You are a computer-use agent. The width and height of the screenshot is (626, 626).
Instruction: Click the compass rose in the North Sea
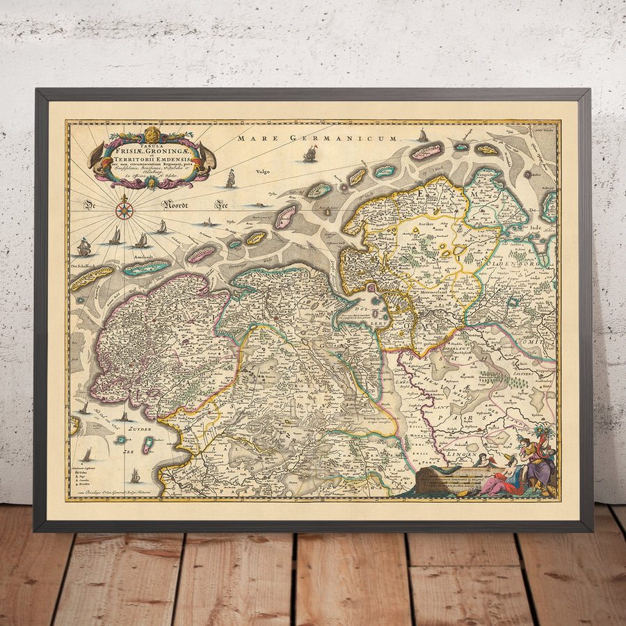point(125,208)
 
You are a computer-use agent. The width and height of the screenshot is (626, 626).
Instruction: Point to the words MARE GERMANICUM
point(316,138)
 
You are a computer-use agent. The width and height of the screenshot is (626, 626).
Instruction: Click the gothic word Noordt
point(177,204)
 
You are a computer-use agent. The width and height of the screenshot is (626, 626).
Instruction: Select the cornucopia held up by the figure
point(545,435)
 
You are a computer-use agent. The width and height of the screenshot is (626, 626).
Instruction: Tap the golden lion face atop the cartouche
point(154,134)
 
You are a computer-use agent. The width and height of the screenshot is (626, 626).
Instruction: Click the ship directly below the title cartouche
point(230,179)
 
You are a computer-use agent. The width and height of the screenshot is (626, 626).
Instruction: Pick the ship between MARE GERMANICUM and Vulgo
point(310,154)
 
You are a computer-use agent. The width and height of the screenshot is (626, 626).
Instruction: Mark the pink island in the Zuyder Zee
point(147,446)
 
